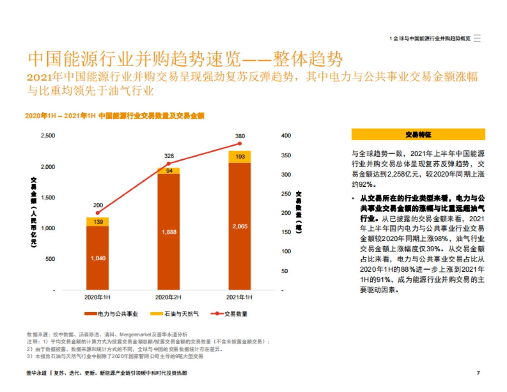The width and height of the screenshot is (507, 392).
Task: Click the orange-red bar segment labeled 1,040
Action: click(x=98, y=258)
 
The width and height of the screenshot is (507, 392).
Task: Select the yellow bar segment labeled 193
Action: click(x=240, y=157)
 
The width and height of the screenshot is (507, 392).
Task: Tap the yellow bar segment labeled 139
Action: click(x=98, y=222)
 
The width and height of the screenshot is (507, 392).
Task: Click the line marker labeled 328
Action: click(x=169, y=163)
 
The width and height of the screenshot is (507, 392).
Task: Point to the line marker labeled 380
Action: click(x=240, y=144)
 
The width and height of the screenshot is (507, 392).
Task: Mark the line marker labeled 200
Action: click(x=98, y=213)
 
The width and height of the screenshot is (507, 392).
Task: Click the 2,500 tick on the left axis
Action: click(x=47, y=136)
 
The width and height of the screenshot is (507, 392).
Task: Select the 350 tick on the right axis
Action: click(x=286, y=155)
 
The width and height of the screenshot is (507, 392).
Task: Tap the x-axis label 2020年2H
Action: click(x=168, y=298)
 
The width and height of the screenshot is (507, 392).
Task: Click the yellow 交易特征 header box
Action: click(x=418, y=134)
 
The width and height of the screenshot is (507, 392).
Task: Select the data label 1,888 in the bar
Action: click(x=169, y=232)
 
